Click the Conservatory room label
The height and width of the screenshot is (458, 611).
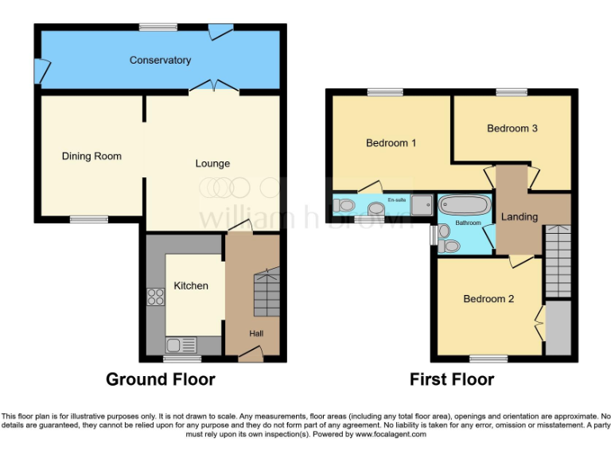point(160,60)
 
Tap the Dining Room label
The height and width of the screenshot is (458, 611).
point(91,156)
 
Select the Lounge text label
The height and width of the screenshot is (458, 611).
point(212,164)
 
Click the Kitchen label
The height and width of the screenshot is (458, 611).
point(191,285)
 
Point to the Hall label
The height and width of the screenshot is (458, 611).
point(256,333)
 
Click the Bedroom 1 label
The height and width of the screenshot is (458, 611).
point(391,143)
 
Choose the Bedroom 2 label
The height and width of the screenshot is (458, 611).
point(488,299)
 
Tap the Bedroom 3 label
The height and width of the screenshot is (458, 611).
point(512,128)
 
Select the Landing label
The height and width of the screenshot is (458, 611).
point(519,216)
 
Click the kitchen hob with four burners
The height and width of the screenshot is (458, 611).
point(155,297)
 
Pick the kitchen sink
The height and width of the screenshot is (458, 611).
point(181,344)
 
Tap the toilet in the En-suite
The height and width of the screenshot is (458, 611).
point(345,206)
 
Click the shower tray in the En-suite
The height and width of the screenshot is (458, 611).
point(422,205)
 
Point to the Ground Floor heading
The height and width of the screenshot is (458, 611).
point(160,379)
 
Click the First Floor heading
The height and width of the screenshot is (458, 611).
point(452,379)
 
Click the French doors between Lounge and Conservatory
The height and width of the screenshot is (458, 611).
point(213,87)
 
